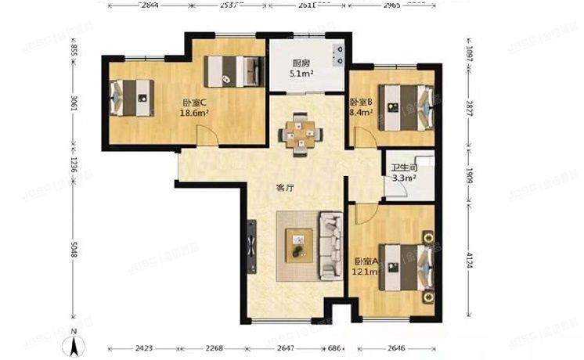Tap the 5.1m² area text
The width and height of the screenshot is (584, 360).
(x=302, y=75)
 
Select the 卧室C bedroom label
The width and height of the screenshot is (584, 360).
(x=194, y=103)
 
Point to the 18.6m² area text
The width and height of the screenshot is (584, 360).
(x=194, y=113)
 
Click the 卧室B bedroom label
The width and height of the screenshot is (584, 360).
(x=361, y=103)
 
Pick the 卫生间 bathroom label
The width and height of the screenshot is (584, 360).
(x=403, y=167)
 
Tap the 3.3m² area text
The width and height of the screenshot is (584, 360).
(x=403, y=178)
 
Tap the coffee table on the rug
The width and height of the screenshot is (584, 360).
(x=298, y=246)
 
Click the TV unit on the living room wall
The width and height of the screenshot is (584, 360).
(x=251, y=245)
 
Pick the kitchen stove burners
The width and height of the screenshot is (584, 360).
(x=341, y=54)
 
